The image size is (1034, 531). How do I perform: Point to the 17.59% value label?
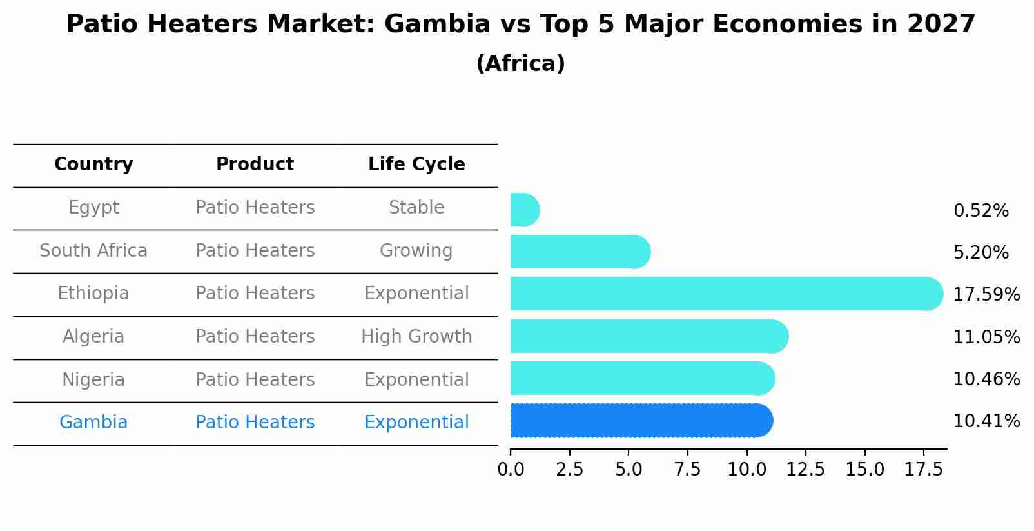(986, 295)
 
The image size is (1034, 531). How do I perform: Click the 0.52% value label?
(980, 211)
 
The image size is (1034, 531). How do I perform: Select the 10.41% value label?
(986, 421)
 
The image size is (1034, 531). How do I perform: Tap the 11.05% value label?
(986, 337)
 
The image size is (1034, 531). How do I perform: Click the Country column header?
(93, 165)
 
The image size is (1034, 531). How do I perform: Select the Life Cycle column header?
(416, 165)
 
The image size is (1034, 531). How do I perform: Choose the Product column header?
(255, 165)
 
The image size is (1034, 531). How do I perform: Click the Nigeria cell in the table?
(93, 379)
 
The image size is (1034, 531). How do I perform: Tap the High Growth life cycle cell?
(416, 337)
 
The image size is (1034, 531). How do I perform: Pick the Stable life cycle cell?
(416, 208)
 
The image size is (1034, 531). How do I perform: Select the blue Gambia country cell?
(93, 423)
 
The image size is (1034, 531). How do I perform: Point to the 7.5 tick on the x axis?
(687, 470)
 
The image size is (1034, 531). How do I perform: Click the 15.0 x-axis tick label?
(864, 470)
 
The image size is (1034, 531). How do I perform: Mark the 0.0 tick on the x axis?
(511, 470)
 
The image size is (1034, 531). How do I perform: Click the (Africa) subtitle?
(520, 64)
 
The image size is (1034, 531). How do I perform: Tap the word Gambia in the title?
(437, 25)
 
